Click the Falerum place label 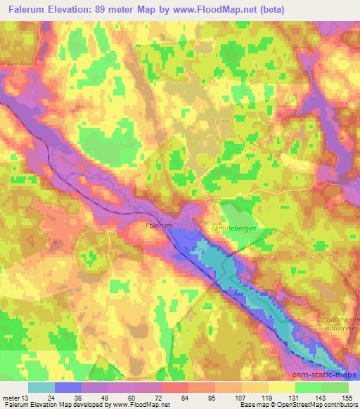pos(158,227)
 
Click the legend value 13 pos(27,397)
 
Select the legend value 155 pos(347,397)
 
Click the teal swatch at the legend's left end pos(41,387)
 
